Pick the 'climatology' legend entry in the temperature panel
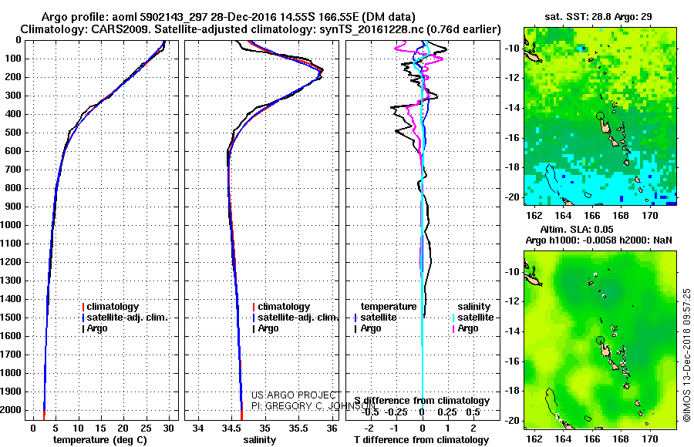click(115, 307)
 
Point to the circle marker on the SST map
click(600, 116)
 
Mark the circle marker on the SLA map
click(600, 340)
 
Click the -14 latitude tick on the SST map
click(513, 108)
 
